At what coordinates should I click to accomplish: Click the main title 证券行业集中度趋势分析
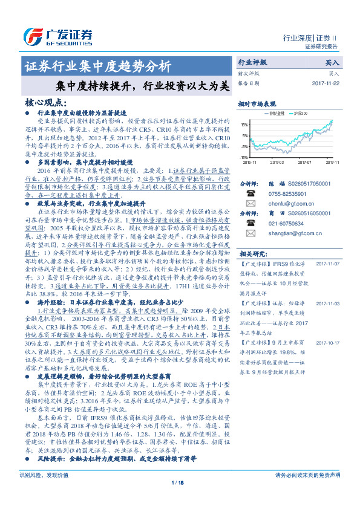click(x=97, y=66)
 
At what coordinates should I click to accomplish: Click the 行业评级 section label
click(x=252, y=62)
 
